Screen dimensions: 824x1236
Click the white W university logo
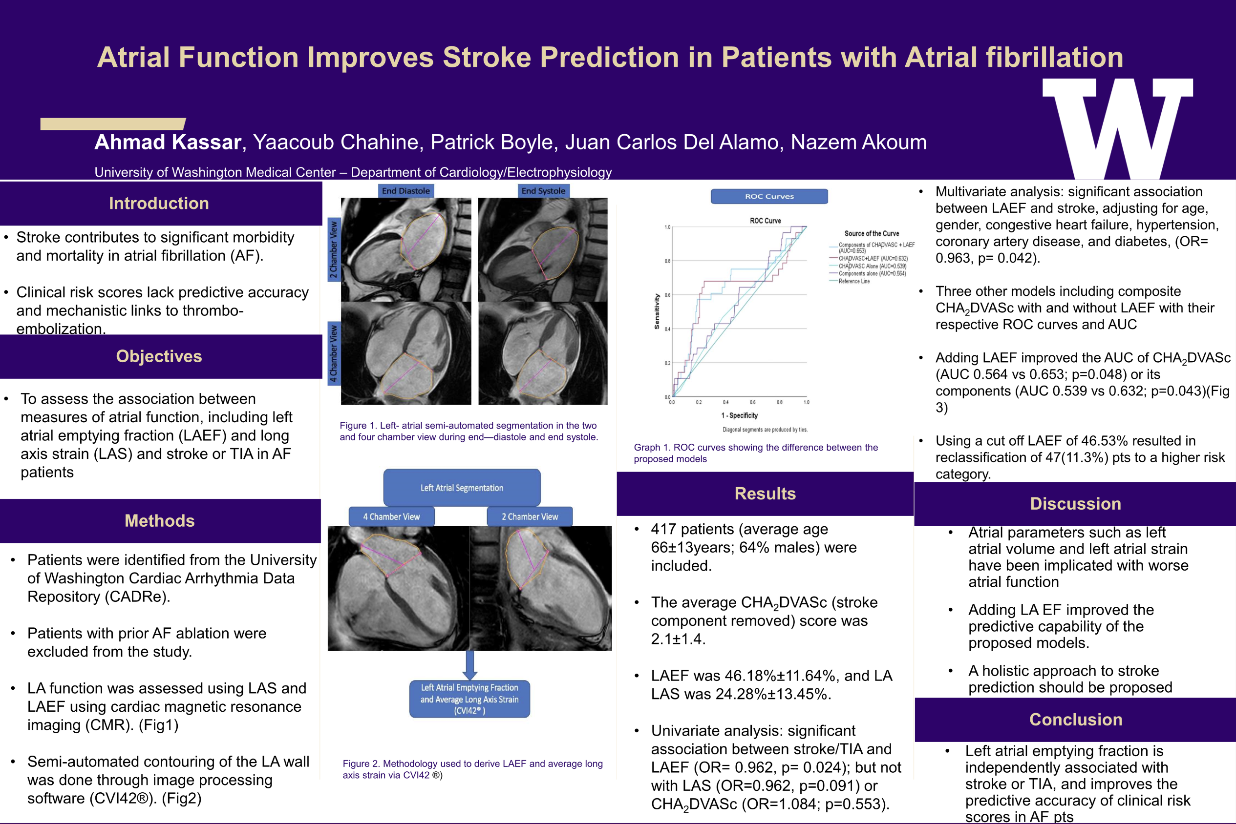coord(1117,129)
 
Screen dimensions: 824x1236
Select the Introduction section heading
coord(159,204)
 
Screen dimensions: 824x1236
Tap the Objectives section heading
coord(159,356)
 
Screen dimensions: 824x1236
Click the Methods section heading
coord(159,521)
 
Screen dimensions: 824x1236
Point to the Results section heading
coord(765,494)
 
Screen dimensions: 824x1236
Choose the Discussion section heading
coord(1075,503)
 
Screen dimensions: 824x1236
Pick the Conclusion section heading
coord(1076,720)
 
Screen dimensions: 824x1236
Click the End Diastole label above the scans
coord(405,191)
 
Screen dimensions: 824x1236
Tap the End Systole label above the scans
coord(543,191)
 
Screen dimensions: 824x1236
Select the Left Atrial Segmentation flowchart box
coord(461,488)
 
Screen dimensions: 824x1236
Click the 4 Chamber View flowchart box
coord(391,516)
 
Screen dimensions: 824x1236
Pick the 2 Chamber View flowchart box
coord(530,516)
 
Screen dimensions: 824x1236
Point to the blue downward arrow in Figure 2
coord(469,665)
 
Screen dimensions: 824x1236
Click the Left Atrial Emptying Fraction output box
coord(469,699)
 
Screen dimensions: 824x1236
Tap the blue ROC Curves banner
coord(769,197)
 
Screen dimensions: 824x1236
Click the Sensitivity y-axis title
coord(657,311)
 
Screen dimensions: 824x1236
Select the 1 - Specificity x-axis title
coord(739,415)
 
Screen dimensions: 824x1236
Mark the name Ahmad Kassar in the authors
coord(168,143)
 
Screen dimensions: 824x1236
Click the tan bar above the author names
coord(112,124)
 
